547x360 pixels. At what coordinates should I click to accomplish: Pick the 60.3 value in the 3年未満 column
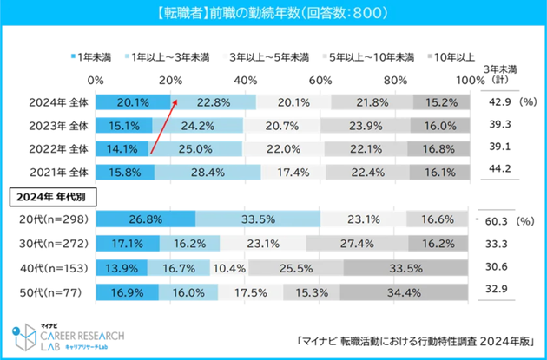(x=498, y=219)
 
